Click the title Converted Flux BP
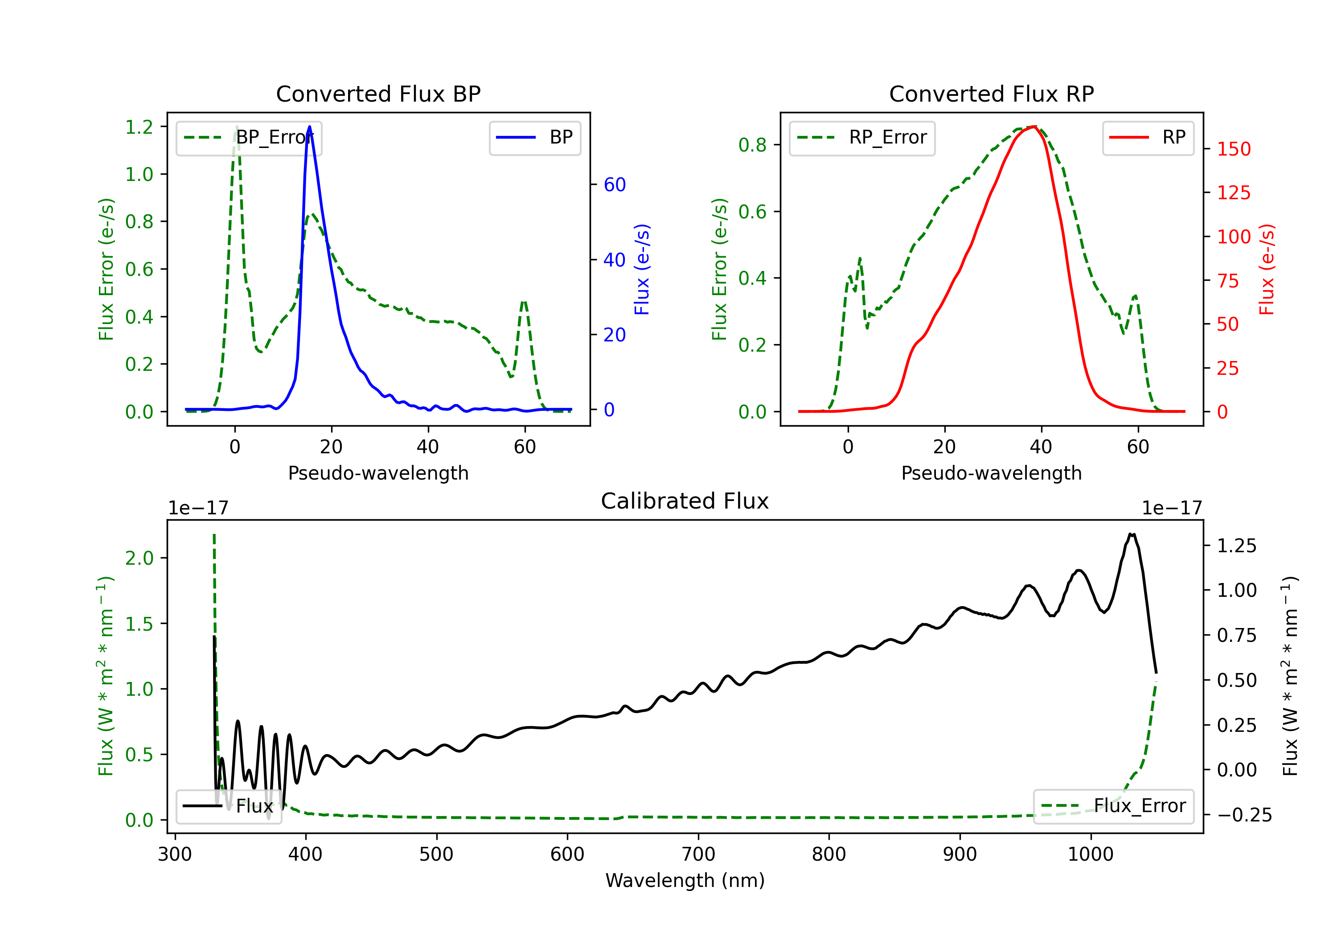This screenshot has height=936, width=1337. click(x=378, y=94)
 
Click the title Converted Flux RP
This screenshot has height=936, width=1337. click(x=991, y=94)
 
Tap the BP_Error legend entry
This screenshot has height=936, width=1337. click(x=249, y=137)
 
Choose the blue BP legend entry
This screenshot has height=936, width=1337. click(x=534, y=137)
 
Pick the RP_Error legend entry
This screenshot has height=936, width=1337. click(x=862, y=137)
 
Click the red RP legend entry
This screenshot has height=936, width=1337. click(x=1148, y=137)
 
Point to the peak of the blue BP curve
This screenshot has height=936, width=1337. click(x=309, y=127)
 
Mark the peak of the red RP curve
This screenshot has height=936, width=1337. click(x=1034, y=127)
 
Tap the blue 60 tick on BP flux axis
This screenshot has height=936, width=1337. click(x=614, y=185)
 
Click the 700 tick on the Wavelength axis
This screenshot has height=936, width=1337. click(x=698, y=854)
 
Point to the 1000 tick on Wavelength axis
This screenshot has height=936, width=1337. click(x=1090, y=854)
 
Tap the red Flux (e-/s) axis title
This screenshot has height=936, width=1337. click(x=1267, y=269)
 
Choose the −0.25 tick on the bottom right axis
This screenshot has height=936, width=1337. click(x=1244, y=815)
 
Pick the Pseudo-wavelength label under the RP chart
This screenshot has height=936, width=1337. click(x=991, y=473)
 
